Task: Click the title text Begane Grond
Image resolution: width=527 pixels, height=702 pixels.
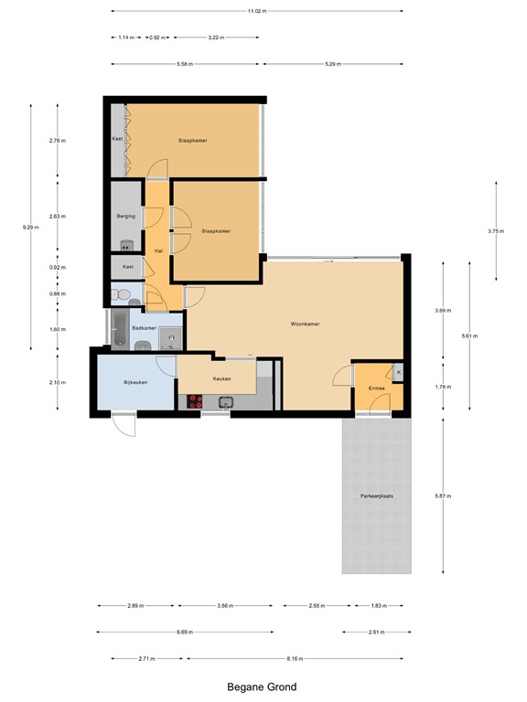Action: point(262,686)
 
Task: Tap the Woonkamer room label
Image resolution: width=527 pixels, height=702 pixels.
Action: point(305,324)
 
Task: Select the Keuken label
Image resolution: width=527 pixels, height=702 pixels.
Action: point(221,378)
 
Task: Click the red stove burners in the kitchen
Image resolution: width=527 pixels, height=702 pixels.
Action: point(194,400)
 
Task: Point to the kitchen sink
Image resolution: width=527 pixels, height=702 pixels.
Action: point(224,400)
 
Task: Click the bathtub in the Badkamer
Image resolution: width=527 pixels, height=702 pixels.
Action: point(117,327)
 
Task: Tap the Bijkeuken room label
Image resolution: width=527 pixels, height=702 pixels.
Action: point(136,382)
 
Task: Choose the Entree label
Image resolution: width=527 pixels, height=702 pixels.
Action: point(376,388)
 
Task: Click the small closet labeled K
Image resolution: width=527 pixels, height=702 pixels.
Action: point(398,372)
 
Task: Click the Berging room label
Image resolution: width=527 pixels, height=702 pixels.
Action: point(126,216)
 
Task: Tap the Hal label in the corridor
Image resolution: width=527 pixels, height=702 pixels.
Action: point(158,250)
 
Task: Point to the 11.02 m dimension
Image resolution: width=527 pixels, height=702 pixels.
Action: point(257,11)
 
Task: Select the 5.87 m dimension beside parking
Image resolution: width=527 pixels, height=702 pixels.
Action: point(444,495)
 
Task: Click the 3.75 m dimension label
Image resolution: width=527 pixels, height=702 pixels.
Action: point(496,231)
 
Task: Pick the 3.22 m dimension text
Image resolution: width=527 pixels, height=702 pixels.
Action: point(216,37)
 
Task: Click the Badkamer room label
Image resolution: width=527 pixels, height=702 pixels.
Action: point(144,327)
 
